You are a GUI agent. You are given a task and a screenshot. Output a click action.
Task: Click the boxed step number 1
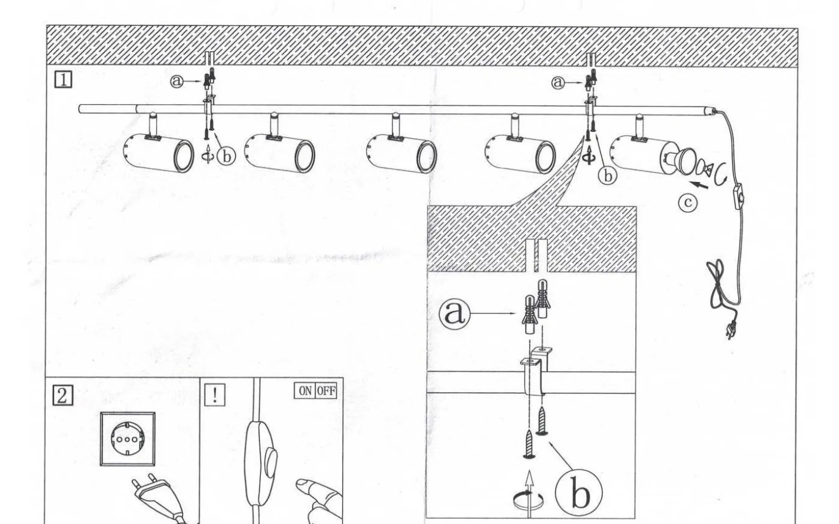point(64,80)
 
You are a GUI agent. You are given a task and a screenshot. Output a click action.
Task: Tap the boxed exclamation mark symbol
point(215,395)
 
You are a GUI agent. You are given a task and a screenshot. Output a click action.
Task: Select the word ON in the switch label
point(305,391)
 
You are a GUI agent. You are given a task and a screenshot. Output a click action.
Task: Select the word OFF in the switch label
point(326,391)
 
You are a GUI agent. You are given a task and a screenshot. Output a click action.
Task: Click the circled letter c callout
point(688,202)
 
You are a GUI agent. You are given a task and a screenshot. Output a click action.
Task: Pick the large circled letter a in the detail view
point(454,314)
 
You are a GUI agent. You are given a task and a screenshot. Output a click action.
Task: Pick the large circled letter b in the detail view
point(579,493)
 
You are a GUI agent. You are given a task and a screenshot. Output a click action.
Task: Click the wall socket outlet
point(127,439)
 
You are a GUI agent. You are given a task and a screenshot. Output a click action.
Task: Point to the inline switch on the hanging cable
point(738,196)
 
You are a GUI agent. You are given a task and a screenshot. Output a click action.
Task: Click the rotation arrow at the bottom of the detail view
point(528,499)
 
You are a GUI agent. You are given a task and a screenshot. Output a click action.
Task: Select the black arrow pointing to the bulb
point(699,185)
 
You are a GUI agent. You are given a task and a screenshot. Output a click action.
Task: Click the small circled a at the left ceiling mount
point(177,81)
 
